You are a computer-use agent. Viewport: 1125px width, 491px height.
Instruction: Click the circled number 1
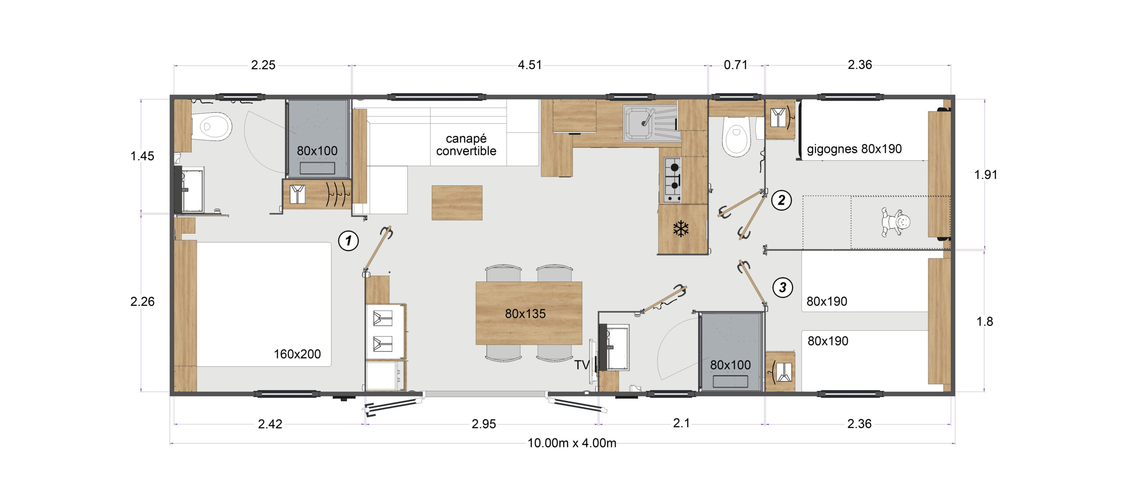348,241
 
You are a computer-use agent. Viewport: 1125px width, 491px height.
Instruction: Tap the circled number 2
781,200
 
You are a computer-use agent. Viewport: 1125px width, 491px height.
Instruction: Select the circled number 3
783,288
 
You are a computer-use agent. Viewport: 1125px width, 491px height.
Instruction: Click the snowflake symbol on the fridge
681,229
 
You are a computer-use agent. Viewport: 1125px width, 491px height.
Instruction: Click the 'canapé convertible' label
466,144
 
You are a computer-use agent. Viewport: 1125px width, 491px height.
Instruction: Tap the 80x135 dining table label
525,314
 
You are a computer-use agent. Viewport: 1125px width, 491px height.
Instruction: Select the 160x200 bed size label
297,354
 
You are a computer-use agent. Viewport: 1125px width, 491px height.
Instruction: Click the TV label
582,365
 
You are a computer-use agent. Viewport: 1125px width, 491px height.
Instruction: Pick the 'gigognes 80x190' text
854,149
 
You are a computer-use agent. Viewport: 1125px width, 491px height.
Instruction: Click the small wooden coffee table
457,202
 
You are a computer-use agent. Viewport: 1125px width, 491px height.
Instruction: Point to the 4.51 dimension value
530,65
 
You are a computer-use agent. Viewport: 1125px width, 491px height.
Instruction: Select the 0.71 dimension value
736,65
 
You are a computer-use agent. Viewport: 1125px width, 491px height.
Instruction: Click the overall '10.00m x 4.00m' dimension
572,443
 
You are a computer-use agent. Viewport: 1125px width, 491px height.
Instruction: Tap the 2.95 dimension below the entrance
483,424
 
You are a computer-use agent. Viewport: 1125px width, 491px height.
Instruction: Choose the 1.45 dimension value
142,156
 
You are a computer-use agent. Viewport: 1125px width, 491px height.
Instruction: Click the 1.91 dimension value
986,175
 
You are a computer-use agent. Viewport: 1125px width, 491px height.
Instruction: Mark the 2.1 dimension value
681,423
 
